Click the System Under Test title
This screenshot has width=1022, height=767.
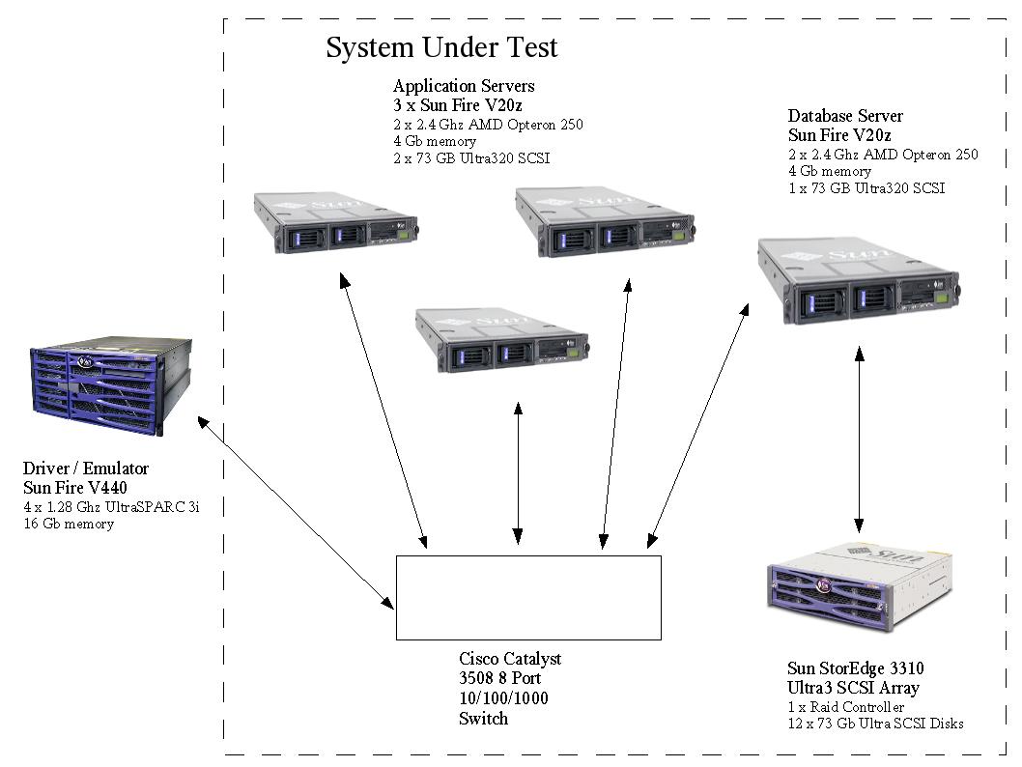[441, 47]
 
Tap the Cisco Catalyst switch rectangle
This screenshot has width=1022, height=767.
[528, 597]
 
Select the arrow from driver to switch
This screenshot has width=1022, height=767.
[295, 513]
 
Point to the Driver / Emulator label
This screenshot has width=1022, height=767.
[86, 469]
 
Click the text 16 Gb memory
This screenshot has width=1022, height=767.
[69, 524]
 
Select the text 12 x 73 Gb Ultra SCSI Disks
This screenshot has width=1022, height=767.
[875, 724]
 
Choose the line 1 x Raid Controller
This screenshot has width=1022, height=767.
[846, 707]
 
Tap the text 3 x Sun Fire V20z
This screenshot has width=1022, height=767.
[457, 106]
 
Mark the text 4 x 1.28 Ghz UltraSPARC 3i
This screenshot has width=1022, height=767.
[111, 507]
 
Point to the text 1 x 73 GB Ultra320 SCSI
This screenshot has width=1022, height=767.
[866, 188]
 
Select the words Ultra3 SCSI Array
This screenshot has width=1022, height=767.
[853, 688]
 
